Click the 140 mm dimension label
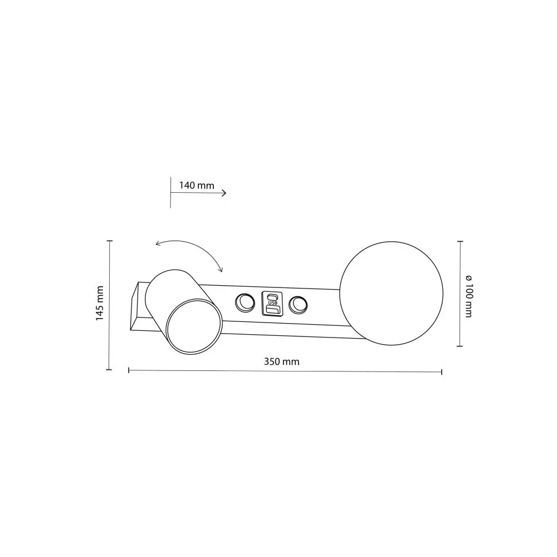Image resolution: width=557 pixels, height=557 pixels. (197, 185)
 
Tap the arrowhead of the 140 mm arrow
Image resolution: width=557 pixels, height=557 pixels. (224, 193)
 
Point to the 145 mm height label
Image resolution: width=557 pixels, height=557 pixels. (100, 303)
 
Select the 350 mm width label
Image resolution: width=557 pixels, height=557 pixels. (281, 361)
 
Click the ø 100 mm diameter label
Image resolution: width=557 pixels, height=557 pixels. (467, 296)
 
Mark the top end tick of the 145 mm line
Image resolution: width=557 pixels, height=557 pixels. (110, 241)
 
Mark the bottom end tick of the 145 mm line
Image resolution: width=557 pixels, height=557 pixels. (110, 369)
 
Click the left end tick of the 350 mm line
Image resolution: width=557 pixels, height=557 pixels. (129, 370)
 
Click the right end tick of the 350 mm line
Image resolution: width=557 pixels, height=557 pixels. (442, 372)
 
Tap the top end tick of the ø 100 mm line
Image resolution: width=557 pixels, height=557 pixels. (460, 241)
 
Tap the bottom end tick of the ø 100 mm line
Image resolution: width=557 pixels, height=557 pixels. (460, 346)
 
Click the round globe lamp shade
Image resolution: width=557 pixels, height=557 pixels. (392, 293)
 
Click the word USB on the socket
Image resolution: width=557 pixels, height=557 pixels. (272, 303)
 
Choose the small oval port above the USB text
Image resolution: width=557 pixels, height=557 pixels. (272, 296)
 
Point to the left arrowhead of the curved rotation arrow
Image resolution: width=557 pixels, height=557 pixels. (158, 243)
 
